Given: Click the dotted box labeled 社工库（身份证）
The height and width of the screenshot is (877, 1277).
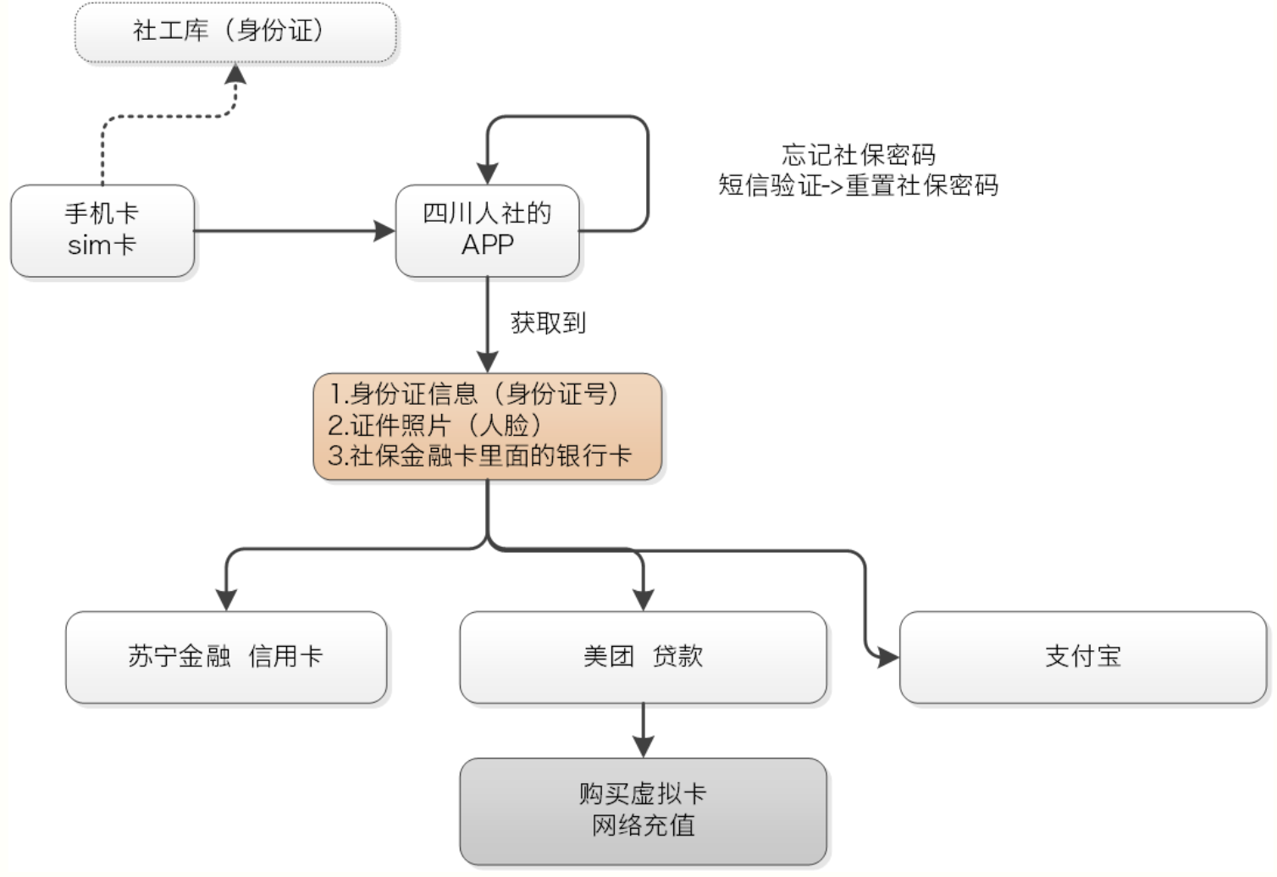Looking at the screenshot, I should click(x=235, y=32).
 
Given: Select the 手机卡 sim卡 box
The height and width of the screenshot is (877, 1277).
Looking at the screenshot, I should click(x=102, y=230).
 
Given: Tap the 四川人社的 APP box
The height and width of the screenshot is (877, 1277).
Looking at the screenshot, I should click(x=487, y=230).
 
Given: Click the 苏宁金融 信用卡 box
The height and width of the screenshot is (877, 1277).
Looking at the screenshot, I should click(x=226, y=657).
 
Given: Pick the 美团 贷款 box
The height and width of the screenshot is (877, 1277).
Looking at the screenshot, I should click(x=643, y=657).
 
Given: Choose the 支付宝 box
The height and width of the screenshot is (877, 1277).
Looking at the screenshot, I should click(x=1082, y=657).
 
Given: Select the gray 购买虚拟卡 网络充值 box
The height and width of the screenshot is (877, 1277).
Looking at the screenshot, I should click(x=643, y=810).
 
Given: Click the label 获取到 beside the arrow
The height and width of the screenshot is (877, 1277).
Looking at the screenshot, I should click(x=548, y=323).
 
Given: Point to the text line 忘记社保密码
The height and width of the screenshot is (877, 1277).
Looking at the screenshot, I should click(x=858, y=155).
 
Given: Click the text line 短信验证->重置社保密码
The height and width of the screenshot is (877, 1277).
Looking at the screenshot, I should click(x=858, y=185).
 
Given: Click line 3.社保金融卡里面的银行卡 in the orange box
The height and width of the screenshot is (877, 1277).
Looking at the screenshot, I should click(x=479, y=456).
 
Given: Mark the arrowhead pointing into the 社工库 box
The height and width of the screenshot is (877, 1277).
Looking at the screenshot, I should click(x=235, y=74).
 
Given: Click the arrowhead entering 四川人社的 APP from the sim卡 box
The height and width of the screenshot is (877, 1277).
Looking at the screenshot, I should click(x=385, y=230).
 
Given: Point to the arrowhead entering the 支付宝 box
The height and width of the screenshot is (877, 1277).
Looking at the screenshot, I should click(x=888, y=657).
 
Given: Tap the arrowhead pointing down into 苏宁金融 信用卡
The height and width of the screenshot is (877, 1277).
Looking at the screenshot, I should click(x=226, y=599).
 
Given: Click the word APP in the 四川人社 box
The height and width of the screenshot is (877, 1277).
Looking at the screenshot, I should click(x=487, y=245).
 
